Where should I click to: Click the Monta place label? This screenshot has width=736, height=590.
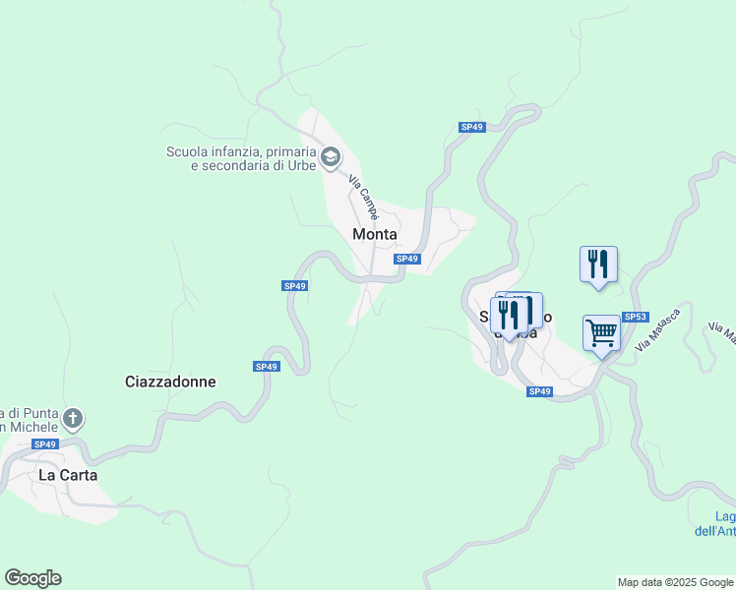pyautogui.click(x=375, y=234)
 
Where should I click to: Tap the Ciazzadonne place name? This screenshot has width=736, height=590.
pyautogui.click(x=170, y=382)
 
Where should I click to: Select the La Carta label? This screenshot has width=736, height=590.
pyautogui.click(x=68, y=474)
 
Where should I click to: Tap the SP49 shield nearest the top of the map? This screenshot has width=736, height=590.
pyautogui.click(x=472, y=127)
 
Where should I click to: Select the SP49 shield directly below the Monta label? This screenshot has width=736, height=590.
pyautogui.click(x=407, y=259)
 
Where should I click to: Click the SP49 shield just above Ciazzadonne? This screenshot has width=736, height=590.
pyautogui.click(x=266, y=367)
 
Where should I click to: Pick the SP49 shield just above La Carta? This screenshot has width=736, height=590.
pyautogui.click(x=44, y=444)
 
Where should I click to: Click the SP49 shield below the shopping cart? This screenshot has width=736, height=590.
pyautogui.click(x=539, y=391)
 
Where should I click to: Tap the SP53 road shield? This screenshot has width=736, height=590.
pyautogui.click(x=636, y=317)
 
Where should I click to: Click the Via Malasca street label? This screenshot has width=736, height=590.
pyautogui.click(x=659, y=326)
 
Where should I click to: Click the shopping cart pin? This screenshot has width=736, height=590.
pyautogui.click(x=601, y=332)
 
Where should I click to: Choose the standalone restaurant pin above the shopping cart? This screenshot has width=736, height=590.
pyautogui.click(x=598, y=265)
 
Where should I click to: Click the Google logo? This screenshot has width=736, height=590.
pyautogui.click(x=32, y=578)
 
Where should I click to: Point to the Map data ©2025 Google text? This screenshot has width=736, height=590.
pyautogui.click(x=675, y=582)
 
